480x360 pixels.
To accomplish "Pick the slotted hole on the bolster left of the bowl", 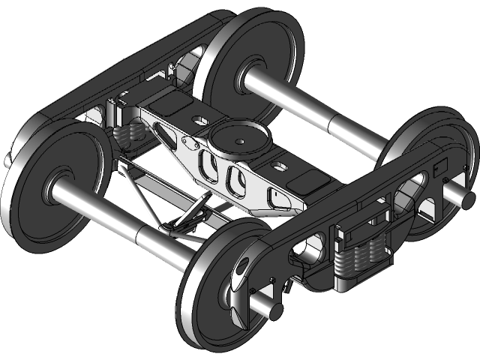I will (x=199, y=118).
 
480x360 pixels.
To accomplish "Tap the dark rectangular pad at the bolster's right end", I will (x=308, y=182).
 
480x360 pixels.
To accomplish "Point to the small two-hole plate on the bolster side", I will (x=187, y=142).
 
